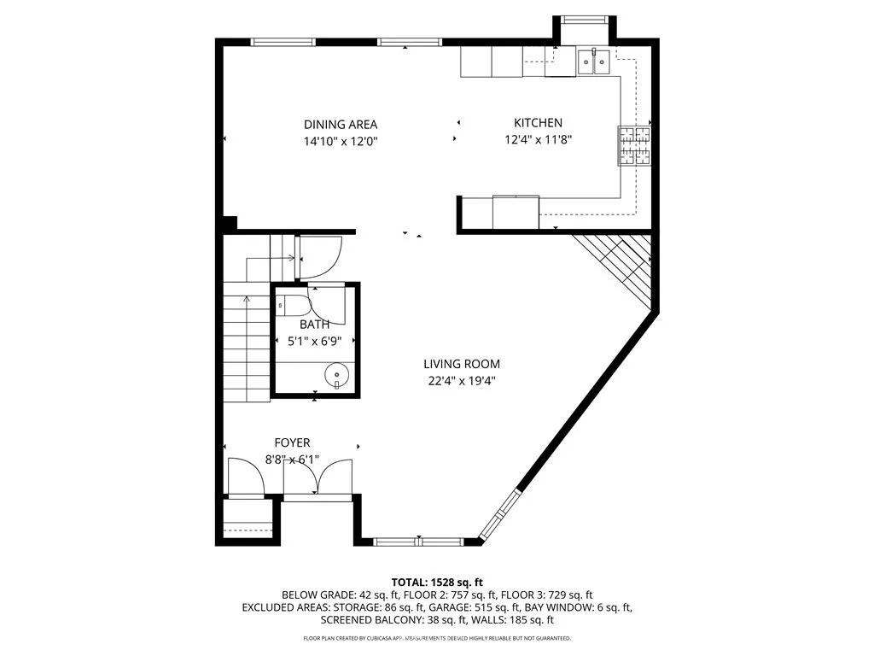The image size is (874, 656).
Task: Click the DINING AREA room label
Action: (341, 124)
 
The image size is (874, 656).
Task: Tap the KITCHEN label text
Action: (538, 123)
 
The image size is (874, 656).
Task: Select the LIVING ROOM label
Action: (463, 364)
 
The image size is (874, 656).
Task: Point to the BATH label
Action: (314, 325)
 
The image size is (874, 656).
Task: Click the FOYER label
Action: (292, 442)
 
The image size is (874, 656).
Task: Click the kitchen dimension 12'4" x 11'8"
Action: (538, 140)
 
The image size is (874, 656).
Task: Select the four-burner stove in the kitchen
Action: (633, 144)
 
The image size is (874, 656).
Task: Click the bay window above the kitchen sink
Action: (585, 20)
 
